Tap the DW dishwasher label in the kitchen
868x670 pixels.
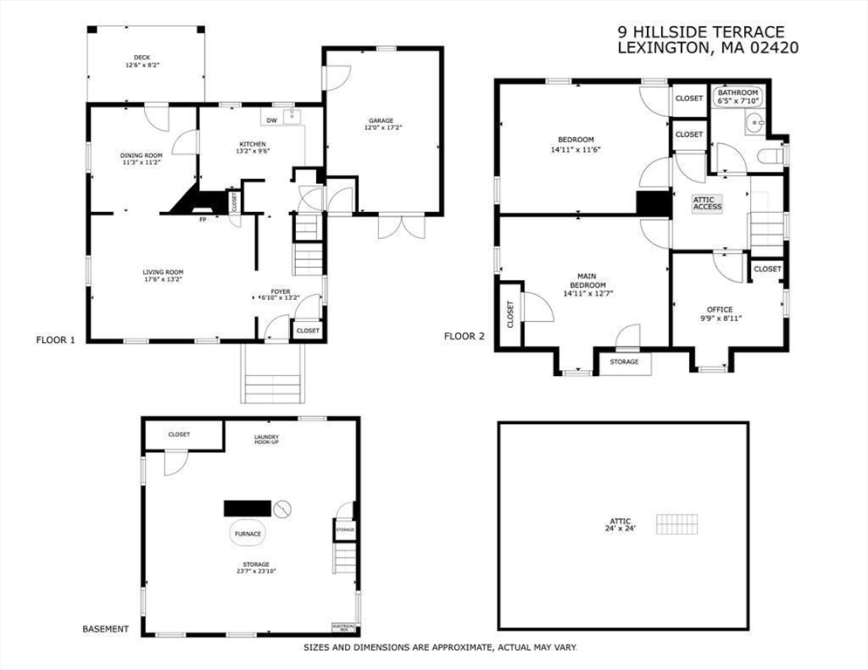[x=271, y=120]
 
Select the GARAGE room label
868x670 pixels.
[x=380, y=120]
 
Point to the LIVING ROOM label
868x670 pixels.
[x=163, y=272]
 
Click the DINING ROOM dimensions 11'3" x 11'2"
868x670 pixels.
[x=141, y=162]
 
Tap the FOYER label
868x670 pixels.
[x=279, y=291]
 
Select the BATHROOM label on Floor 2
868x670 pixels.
[x=738, y=92]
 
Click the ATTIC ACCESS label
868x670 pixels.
[x=707, y=203]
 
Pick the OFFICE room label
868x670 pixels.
[x=720, y=310]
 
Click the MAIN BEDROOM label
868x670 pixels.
[x=587, y=280]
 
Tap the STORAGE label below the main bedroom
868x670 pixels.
[x=623, y=362]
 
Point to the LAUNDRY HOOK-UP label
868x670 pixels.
[x=266, y=439]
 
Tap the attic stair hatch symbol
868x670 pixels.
[x=679, y=524]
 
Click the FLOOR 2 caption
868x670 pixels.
[x=464, y=336]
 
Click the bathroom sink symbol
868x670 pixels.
[x=754, y=125]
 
